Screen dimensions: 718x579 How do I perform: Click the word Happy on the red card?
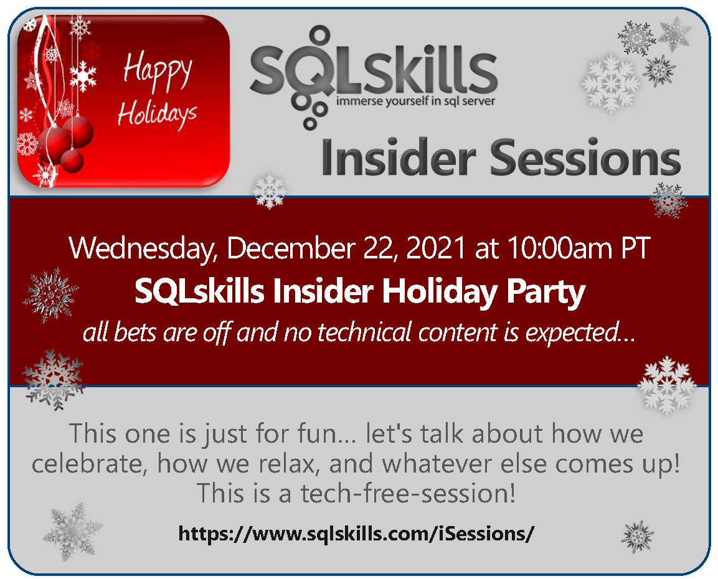tap(157, 73)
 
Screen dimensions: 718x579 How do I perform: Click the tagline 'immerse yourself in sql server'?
tap(416, 101)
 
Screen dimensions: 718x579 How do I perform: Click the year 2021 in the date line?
tap(435, 248)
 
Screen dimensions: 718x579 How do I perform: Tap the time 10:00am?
tap(559, 248)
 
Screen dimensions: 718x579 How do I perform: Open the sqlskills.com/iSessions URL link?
tap(356, 534)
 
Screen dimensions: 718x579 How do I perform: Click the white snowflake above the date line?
tap(270, 191)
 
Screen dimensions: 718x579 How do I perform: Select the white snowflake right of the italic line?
tap(667, 385)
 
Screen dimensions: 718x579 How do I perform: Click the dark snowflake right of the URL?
tap(638, 537)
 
